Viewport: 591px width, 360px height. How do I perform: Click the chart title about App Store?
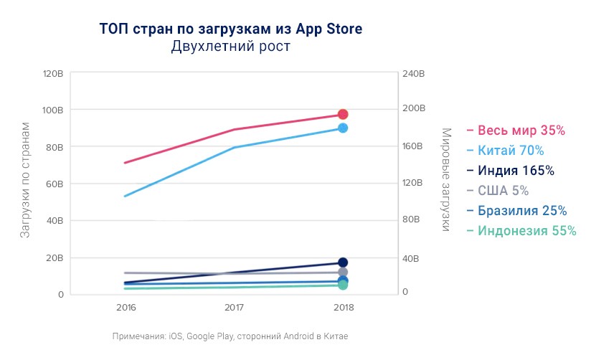[x=230, y=29]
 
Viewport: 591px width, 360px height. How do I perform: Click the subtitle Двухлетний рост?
[x=230, y=47]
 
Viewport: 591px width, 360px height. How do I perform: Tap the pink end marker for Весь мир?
[x=343, y=115]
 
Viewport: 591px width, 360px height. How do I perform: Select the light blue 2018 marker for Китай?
[x=343, y=128]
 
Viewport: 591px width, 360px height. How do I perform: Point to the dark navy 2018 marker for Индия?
[x=343, y=262]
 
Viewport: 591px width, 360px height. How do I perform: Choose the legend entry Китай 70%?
[x=511, y=151]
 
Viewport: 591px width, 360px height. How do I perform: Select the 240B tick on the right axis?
[x=415, y=74]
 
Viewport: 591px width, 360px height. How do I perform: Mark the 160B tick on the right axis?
[x=415, y=146]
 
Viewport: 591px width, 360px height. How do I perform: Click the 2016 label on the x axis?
[x=126, y=307]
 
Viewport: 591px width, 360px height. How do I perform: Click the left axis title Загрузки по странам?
[x=24, y=179]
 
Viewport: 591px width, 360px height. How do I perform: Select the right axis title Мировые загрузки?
[x=445, y=179]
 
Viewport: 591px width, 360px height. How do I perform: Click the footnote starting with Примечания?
[x=230, y=336]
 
